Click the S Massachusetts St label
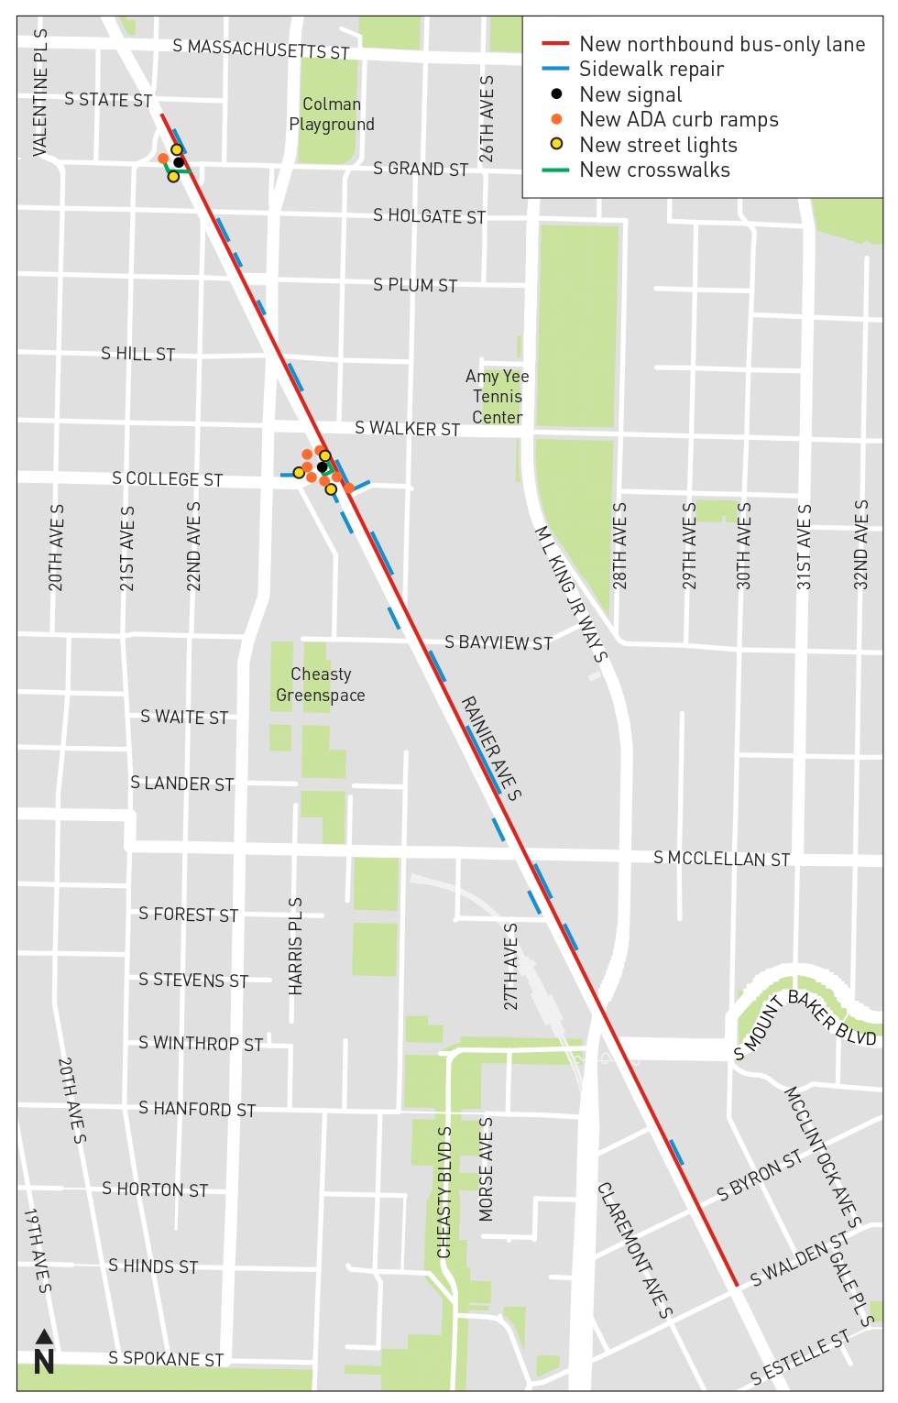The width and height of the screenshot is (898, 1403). coord(260,49)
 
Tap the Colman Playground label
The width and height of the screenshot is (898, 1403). coord(332,115)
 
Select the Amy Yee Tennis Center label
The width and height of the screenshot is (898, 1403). coord(497,397)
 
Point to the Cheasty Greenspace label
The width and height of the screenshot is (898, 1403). coord(321,685)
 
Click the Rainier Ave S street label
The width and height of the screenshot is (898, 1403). coord(490,748)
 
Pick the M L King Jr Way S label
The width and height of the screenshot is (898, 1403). coord(571,593)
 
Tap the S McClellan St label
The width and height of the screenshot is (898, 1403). coord(721,859)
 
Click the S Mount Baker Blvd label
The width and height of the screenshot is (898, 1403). coord(805,1021)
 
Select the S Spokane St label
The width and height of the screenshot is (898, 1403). coord(166,1358)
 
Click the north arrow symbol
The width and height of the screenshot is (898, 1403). coord(43,1353)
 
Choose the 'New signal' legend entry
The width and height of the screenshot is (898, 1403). coord(630,94)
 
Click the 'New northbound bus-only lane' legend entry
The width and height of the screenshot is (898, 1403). coord(722,44)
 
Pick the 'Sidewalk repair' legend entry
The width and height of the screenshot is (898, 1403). coord(651,70)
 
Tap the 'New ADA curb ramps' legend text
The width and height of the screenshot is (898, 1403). coord(679,120)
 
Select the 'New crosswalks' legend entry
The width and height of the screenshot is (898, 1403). coord(654,170)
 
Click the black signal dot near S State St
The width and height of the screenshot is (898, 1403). coord(179,162)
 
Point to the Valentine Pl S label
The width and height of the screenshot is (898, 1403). coord(40,93)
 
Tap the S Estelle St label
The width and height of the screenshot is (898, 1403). coord(800,1357)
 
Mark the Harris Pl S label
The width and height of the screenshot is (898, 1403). coord(295,946)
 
